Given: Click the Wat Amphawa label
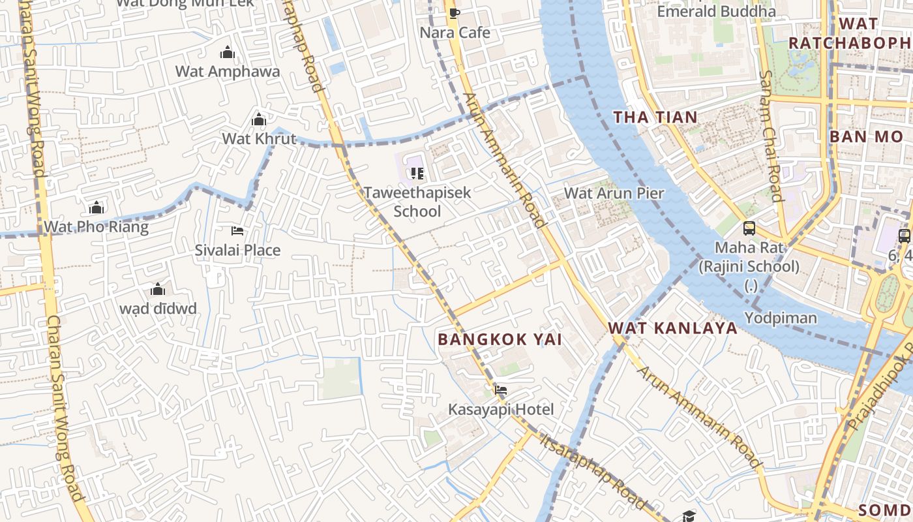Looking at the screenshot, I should click(x=228, y=72).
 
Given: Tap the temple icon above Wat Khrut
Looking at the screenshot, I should click(x=259, y=120).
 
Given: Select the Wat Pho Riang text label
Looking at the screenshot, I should click(x=96, y=227).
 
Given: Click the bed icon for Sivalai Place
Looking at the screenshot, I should click(x=238, y=231).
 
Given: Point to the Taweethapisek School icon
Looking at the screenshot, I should click(x=417, y=174).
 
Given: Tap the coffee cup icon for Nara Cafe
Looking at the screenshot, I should click(x=455, y=13).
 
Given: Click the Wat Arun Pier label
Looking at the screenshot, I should click(x=614, y=193).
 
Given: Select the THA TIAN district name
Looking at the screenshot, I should click(x=655, y=117).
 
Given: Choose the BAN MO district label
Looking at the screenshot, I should click(x=865, y=137).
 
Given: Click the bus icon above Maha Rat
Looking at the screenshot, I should click(x=749, y=228).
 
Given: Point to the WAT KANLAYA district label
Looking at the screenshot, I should click(x=672, y=328).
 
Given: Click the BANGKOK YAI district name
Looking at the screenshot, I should click(x=500, y=339).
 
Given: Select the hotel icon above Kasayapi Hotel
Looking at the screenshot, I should click(x=501, y=391).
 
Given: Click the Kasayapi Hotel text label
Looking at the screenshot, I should click(x=501, y=410).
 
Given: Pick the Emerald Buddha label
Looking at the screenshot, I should click(x=716, y=11).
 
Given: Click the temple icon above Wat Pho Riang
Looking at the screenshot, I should click(x=97, y=208).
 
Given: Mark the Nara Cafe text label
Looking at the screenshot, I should click(x=455, y=33).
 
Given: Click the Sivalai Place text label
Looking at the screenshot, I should click(x=238, y=250).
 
